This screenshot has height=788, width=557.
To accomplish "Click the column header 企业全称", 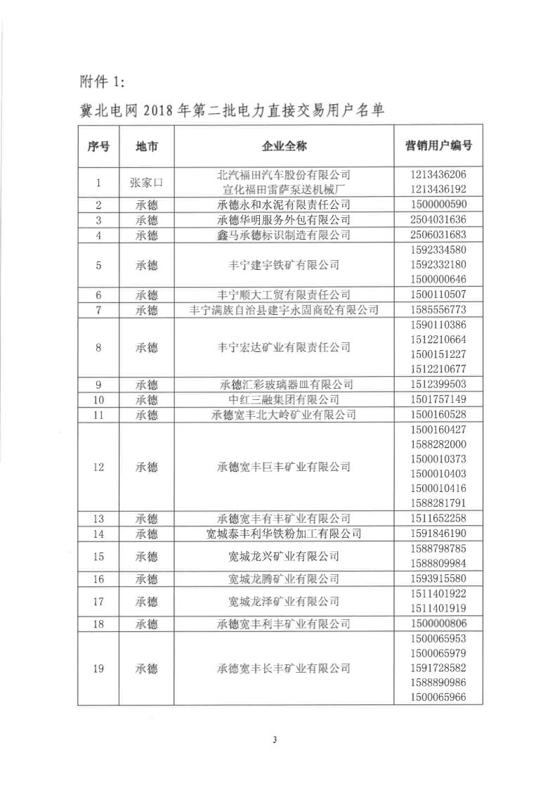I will pyautogui.click(x=284, y=146).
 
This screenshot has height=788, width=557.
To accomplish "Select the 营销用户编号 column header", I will pyautogui.click(x=438, y=146).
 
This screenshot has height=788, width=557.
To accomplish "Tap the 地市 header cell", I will pyautogui.click(x=146, y=146).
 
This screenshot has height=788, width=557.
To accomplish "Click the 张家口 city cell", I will pyautogui.click(x=146, y=182).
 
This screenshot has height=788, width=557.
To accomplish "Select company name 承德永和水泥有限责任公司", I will pyautogui.click(x=284, y=205).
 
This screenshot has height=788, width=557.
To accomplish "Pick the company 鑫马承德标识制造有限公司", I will pyautogui.click(x=284, y=235).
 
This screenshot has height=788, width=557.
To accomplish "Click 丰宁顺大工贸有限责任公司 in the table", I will pyautogui.click(x=284, y=295).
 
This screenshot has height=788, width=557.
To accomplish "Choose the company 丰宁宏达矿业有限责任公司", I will pyautogui.click(x=284, y=347).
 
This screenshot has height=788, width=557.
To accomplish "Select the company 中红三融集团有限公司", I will pyautogui.click(x=284, y=399).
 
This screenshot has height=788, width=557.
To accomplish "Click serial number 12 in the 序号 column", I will pyautogui.click(x=98, y=467).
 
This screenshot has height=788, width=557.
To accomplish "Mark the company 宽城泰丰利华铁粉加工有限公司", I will pyautogui.click(x=284, y=534).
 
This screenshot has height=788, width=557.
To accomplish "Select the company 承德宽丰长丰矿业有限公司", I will pyautogui.click(x=284, y=668).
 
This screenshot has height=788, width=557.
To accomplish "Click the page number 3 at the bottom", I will pyautogui.click(x=276, y=739).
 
